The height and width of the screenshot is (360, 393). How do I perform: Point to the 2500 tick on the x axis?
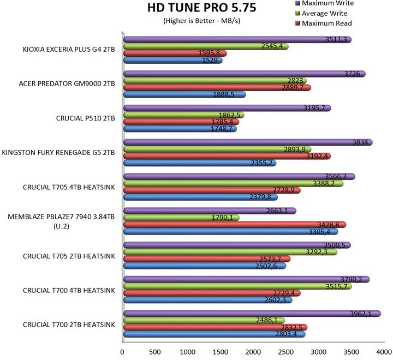pyautogui.click(x=286, y=352)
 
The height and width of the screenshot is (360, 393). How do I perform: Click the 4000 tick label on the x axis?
pyautogui.click(x=384, y=352)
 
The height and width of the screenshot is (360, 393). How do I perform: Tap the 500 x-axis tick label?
pyautogui.click(x=156, y=352)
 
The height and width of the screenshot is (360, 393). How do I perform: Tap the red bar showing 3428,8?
pyautogui.click(x=235, y=224)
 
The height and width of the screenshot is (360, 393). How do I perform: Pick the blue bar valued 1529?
pyautogui.click(x=172, y=60)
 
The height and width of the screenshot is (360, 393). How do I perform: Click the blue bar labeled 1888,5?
pyautogui.click(x=184, y=94)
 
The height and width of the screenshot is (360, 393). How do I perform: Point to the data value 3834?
pyautogui.click(x=362, y=142)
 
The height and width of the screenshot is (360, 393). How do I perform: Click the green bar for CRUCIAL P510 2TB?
pyautogui.click(x=183, y=115)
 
